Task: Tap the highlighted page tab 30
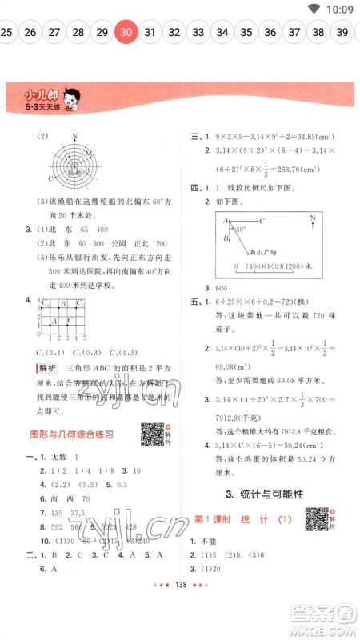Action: [126, 32]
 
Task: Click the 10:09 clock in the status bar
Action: [339, 9]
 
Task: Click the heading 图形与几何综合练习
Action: [70, 434]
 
